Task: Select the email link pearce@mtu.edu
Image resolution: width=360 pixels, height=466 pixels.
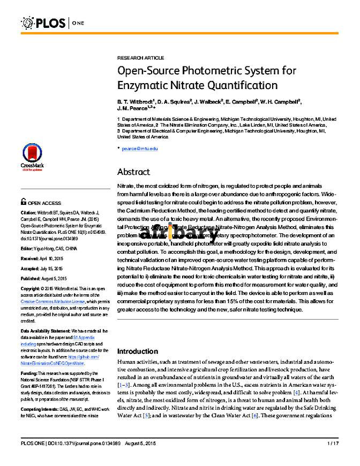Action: (x=139, y=148)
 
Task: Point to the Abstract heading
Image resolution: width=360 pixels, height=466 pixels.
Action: (x=133, y=172)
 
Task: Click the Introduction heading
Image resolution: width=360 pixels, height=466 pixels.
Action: (x=138, y=351)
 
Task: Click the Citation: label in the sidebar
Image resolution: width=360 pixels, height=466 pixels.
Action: (x=29, y=212)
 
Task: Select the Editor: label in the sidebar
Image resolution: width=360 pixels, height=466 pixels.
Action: (x=28, y=249)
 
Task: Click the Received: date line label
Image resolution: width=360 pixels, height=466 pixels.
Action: (x=31, y=258)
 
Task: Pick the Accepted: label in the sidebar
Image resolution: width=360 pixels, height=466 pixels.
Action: (x=31, y=268)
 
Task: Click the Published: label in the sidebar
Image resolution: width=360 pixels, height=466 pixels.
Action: (x=31, y=278)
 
